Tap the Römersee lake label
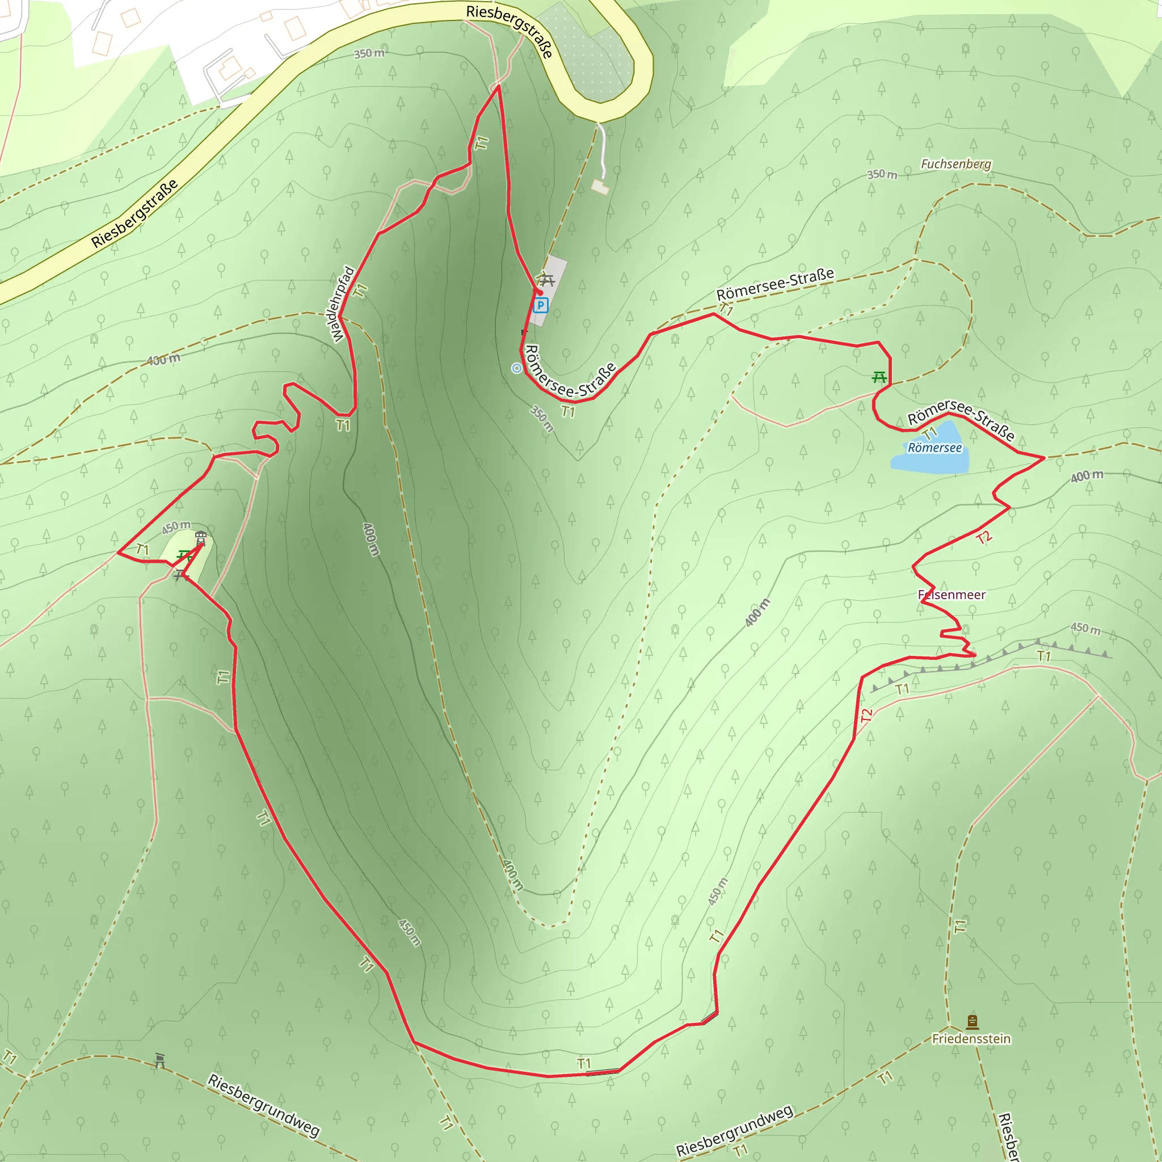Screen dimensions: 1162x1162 [934, 448]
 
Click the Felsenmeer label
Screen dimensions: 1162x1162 [952, 595]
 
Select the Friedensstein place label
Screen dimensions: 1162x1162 [971, 1039]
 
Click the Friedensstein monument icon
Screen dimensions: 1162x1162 [972, 1021]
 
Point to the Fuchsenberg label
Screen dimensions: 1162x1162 [955, 164]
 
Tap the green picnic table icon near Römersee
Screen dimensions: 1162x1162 [879, 377]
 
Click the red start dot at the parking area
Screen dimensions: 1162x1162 [540, 293]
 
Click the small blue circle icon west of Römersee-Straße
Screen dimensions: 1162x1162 [517, 368]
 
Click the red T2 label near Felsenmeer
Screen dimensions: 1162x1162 [983, 538]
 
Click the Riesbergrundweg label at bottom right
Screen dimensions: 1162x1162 [734, 1130]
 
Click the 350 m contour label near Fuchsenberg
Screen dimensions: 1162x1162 [882, 174]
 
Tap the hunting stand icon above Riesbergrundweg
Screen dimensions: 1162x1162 [159, 1060]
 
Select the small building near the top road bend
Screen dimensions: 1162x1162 [600, 187]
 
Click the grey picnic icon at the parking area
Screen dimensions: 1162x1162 [546, 280]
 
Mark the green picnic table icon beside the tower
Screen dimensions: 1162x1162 [184, 555]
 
